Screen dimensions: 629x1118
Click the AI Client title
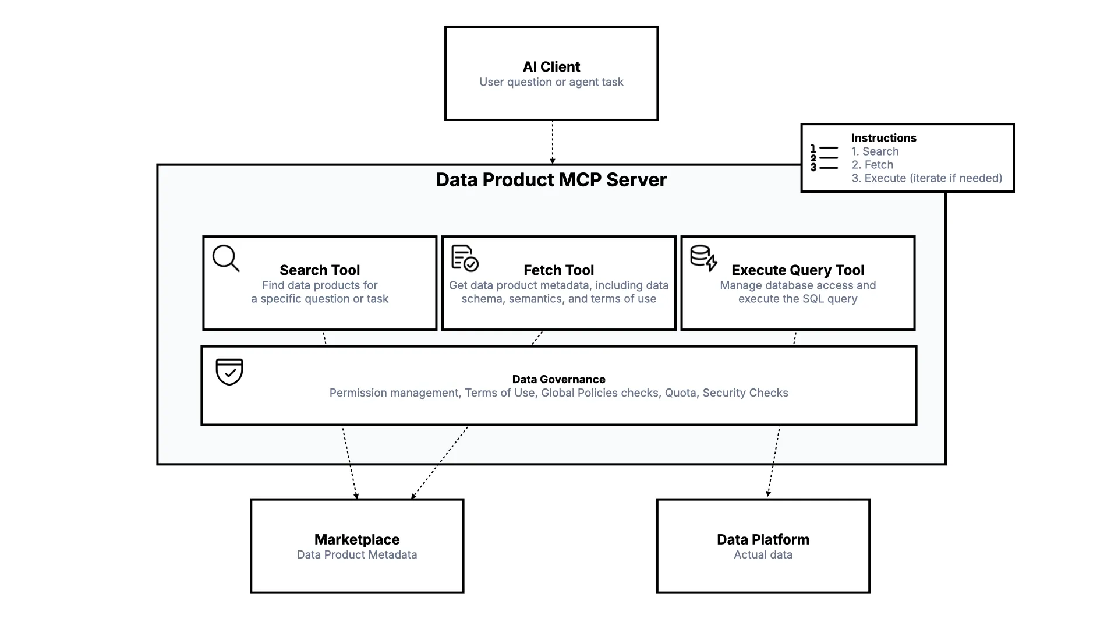551,67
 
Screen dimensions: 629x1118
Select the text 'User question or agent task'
551,82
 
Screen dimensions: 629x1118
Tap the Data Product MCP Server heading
551,180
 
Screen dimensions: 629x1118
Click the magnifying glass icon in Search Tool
226,258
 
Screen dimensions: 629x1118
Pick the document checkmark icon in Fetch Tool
465,258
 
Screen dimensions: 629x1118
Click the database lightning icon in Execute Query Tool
703,258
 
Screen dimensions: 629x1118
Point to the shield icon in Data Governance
229,372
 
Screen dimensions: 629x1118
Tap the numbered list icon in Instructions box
824,158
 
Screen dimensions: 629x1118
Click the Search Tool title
320,270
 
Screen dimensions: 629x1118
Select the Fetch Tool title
558,270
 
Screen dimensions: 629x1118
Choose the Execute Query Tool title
797,270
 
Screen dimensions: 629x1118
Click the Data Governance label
558,379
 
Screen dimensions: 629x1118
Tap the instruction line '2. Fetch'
872,165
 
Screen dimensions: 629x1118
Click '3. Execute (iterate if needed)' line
926,178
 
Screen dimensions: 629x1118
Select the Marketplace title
357,539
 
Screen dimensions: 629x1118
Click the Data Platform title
763,539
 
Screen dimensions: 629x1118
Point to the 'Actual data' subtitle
763,554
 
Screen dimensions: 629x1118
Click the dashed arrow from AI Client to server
552,143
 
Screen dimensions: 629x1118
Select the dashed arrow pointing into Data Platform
773,463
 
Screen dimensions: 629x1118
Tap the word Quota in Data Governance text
680,393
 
